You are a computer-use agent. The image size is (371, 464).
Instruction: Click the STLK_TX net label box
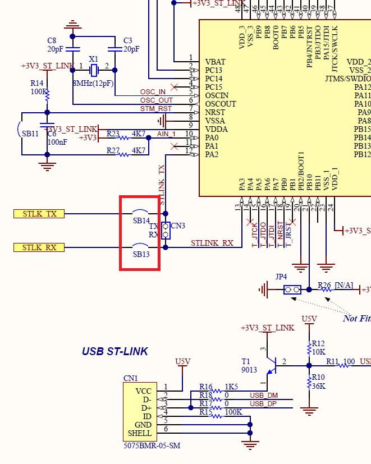click(x=39, y=214)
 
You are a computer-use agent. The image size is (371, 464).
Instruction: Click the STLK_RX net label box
click(x=39, y=247)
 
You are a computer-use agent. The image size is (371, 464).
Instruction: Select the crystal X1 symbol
click(x=94, y=70)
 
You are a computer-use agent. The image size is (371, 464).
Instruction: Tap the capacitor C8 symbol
click(x=73, y=49)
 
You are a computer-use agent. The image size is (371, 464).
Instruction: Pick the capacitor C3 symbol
click(x=115, y=49)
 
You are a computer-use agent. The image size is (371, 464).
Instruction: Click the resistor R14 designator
click(x=37, y=83)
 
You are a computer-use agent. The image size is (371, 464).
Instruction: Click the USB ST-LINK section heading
click(x=114, y=352)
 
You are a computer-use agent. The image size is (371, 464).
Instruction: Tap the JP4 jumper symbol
click(x=292, y=290)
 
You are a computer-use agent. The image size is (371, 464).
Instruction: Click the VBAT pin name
click(x=215, y=62)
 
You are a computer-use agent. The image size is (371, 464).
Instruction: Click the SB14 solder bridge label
click(x=141, y=221)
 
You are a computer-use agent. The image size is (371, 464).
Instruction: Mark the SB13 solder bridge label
click(x=141, y=255)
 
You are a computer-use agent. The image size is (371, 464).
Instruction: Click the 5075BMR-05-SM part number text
click(x=152, y=446)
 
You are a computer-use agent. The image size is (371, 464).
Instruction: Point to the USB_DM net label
click(x=263, y=396)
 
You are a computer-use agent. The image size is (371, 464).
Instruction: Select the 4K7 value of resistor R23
click(x=138, y=134)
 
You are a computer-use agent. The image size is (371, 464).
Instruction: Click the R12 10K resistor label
click(x=318, y=347)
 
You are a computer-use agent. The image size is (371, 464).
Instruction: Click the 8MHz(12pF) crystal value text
click(x=93, y=83)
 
